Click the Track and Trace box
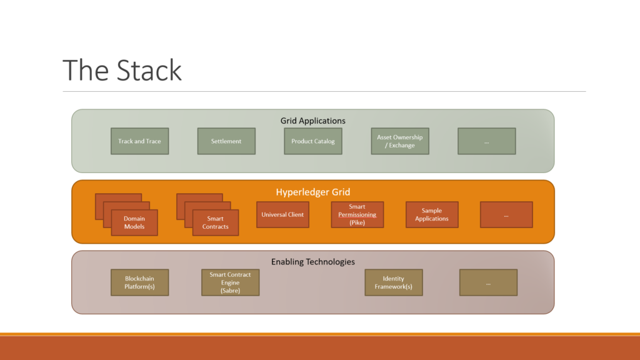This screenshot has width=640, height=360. [139, 141]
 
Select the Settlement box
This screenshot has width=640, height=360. [226, 141]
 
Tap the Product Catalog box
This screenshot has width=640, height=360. [313, 141]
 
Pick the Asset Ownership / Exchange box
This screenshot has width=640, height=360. [400, 141]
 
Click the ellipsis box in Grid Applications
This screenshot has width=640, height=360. [486, 141]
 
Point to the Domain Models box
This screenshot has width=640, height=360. [134, 222]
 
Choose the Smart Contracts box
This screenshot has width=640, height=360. [216, 222]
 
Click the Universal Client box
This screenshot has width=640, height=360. [283, 215]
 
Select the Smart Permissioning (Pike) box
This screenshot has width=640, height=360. [357, 215]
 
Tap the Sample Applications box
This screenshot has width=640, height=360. [432, 215]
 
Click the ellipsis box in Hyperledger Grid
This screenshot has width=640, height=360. [506, 215]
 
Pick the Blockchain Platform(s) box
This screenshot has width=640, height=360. [139, 282]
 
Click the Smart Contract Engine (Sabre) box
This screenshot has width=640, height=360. [230, 282]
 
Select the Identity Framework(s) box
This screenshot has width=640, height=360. [394, 282]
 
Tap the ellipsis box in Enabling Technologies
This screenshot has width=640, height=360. [488, 282]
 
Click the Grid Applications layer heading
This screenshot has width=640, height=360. [313, 121]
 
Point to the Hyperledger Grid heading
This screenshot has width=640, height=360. [313, 192]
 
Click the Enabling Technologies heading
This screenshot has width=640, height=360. [313, 262]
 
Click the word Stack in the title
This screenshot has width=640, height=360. [149, 70]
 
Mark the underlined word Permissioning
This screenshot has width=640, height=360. [357, 215]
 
